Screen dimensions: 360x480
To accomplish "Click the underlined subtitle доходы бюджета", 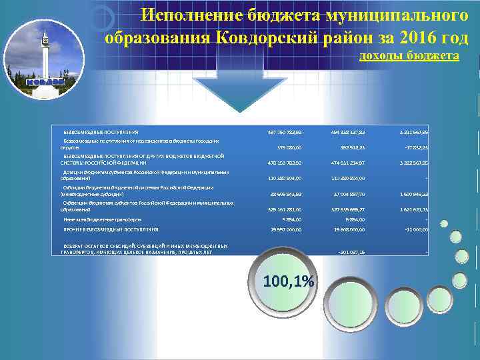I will point(409,55).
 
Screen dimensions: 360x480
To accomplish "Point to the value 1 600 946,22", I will point(413,193).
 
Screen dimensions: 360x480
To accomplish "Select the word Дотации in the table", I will point(73,172).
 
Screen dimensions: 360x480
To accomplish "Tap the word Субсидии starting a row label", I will point(74,187).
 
